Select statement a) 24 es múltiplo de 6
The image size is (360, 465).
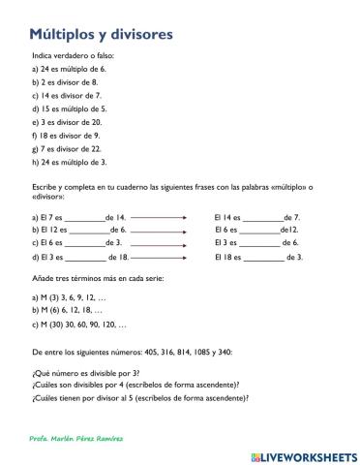point(69,69)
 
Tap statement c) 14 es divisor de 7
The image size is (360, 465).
point(67,96)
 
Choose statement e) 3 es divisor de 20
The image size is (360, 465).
point(67,123)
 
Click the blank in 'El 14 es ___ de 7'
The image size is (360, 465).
point(262,218)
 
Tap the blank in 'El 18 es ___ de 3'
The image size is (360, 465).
point(265,259)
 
